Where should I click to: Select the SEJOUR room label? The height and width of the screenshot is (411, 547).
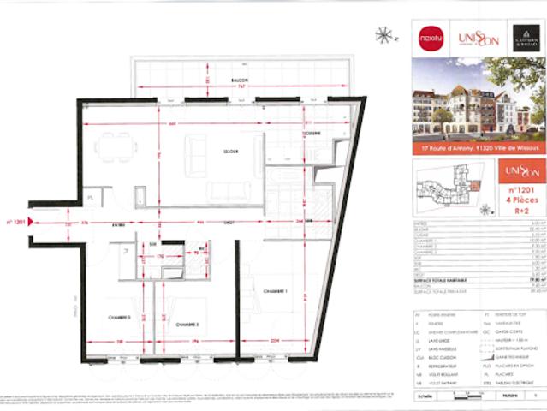[x=229, y=152]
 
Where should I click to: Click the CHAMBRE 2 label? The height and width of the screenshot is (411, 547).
[x=186, y=349]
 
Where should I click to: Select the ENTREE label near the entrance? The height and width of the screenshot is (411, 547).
[x=106, y=225]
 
